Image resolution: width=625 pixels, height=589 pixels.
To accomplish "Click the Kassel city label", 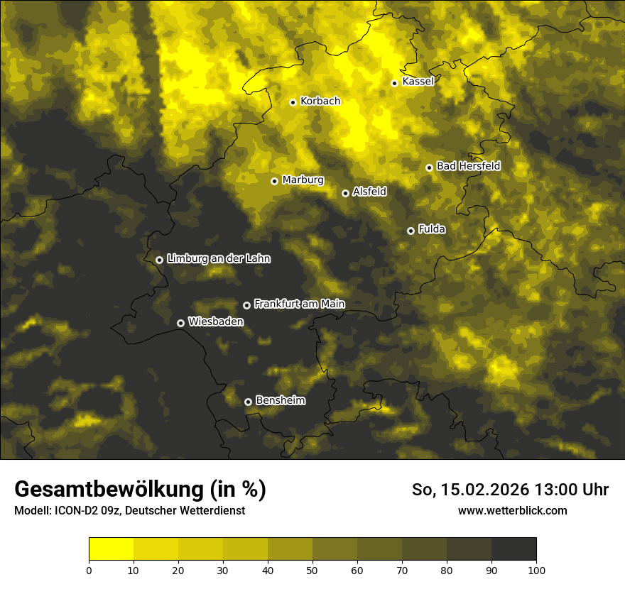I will point(418,82).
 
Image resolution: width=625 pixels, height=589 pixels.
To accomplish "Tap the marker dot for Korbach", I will point(293,102).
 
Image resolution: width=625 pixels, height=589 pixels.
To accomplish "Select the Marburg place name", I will point(303,180).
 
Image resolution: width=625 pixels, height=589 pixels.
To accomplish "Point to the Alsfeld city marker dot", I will point(345,193).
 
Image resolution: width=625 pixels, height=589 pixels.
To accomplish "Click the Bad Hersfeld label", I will point(468,166).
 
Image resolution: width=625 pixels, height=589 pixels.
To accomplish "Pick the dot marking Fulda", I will point(411,231).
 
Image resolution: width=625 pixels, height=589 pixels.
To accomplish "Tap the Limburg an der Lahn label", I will point(218,259).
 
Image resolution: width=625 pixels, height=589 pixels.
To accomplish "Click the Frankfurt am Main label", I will point(299,304).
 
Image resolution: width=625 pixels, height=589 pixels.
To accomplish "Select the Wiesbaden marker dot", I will point(180,323).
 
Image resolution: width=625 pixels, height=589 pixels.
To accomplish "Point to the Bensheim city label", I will point(280,400).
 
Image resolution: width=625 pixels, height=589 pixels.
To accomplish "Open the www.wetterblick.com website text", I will point(512,510).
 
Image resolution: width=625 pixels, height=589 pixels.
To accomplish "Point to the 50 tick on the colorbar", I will point(312,570).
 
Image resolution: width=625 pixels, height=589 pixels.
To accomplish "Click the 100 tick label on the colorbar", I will point(536,570).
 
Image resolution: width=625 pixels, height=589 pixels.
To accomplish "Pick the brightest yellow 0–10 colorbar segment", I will point(111,549).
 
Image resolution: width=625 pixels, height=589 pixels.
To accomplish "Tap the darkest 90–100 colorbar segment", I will point(513,549).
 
